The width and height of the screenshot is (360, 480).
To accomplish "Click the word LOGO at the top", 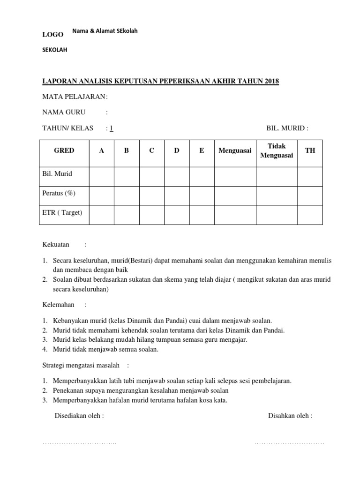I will coord(53,34).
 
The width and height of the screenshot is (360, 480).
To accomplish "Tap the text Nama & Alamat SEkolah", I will coord(105,31).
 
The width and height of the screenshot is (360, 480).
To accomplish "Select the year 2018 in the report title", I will coord(271,81).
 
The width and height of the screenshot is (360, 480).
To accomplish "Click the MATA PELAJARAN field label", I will coord(75,97).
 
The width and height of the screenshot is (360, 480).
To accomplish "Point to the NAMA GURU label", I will coord(61,112).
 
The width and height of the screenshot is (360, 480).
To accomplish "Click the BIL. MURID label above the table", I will coord(287,128).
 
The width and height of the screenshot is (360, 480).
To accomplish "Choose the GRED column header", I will coord(64,150).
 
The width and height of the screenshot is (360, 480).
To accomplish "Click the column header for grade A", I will coord(101,150).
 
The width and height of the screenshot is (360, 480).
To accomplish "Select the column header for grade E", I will coord(202,150).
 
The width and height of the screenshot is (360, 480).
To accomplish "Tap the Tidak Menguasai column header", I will coord(277,150).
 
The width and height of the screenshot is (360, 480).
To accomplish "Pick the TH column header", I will coord(310,150).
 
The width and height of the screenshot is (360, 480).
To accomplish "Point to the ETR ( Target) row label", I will coord(62,213).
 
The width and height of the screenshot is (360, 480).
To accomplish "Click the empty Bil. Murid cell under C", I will coord(151,173).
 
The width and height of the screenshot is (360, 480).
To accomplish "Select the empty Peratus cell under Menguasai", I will coord(235,193).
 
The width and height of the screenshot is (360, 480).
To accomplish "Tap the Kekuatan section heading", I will coord(56,244).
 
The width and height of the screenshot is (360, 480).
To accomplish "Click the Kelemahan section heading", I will coord(59,305).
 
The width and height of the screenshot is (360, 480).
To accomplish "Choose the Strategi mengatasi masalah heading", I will coord(81,365).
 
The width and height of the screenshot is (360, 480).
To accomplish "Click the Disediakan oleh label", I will coord(79,415).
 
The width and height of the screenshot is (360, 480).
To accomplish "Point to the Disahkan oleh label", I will coord(290,415).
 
